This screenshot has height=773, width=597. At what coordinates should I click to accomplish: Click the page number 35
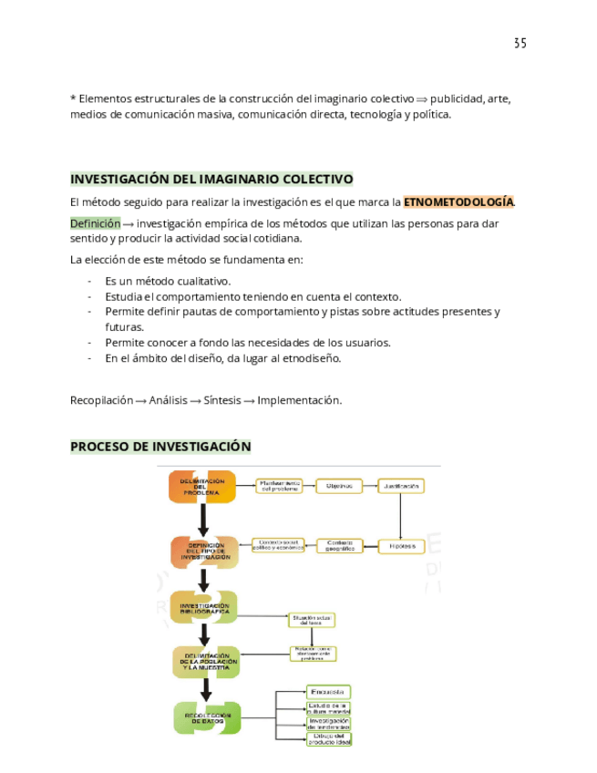520,43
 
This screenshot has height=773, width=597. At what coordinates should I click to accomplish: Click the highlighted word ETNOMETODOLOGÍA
458,201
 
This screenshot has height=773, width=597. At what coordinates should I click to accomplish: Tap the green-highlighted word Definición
95,222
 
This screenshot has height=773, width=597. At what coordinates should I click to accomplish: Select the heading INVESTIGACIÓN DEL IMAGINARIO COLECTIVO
211,179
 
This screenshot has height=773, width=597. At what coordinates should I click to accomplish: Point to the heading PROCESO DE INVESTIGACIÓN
160,446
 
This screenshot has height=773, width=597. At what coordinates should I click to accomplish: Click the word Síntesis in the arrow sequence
222,400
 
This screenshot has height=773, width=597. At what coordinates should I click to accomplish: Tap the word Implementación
299,400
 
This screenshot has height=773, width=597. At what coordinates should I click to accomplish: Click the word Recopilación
102,400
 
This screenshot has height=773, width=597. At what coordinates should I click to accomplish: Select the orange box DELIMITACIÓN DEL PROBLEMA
201,487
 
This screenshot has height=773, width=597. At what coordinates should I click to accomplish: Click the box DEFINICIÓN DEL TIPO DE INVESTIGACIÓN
204,551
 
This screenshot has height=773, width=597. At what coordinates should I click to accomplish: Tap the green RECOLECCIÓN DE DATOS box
207,717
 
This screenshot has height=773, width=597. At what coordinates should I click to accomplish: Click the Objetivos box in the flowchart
339,486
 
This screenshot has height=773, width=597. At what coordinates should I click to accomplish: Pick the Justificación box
401,486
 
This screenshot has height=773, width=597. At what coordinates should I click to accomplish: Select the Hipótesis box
401,546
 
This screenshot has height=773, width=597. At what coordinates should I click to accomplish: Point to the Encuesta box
328,692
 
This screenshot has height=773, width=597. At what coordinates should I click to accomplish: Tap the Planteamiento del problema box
280,486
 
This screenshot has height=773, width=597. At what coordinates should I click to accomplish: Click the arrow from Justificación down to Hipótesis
401,515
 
